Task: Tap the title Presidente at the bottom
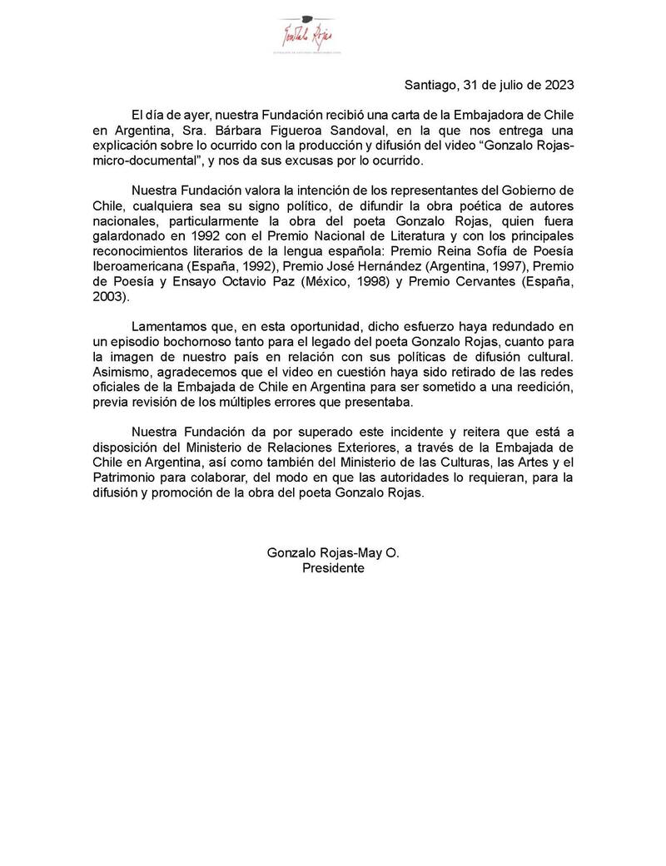333,568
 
